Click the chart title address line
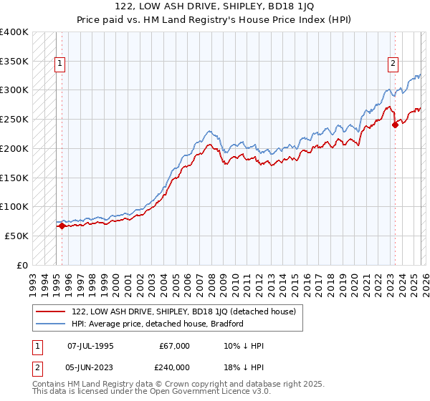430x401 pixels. tap(215, 6)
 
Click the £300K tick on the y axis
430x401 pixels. tap(14, 90)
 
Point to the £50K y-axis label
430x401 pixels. tap(16, 236)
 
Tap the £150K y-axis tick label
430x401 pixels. tap(14, 178)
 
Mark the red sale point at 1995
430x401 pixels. tap(62, 226)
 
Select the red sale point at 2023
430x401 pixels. tap(395, 125)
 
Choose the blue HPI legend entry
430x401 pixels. tap(158, 324)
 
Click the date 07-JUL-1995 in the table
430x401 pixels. tap(90, 346)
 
